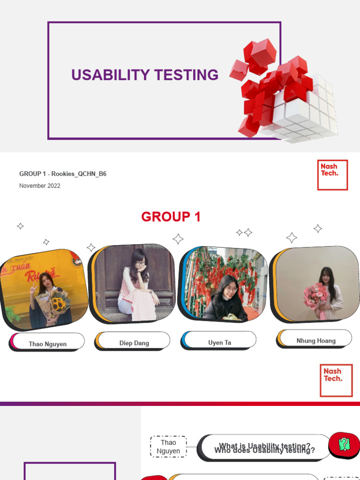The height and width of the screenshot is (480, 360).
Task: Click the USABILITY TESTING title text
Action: pos(144,75)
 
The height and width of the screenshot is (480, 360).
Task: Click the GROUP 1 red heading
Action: pos(171,217)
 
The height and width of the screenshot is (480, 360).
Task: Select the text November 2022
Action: pos(40,186)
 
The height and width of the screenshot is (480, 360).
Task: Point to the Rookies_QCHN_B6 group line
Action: pos(63,174)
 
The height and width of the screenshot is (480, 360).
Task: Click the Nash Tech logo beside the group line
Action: pos(332,175)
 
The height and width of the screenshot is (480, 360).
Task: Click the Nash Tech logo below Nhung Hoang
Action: pos(336,380)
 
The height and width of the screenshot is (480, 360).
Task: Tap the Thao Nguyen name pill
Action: pos(48,344)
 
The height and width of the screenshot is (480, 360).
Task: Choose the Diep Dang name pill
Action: pos(134,343)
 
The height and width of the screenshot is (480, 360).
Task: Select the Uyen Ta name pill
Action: pos(219,342)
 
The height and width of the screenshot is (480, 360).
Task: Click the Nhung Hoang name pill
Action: pos(315,340)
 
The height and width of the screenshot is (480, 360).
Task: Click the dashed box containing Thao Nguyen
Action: pos(168,446)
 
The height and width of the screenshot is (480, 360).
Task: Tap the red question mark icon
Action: pos(344,444)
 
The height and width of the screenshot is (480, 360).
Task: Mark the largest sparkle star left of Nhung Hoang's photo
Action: pos(292,238)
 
